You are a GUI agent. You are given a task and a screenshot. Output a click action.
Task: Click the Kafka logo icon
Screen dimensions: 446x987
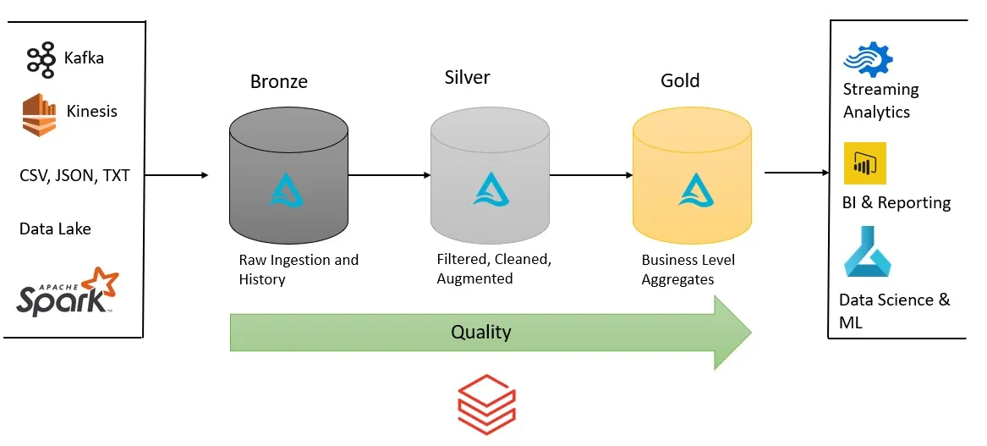click(x=41, y=60)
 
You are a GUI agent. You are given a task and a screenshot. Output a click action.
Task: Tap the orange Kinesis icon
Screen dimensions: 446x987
click(x=38, y=114)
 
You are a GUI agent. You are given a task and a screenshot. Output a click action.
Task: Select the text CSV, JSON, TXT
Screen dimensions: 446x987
click(x=74, y=176)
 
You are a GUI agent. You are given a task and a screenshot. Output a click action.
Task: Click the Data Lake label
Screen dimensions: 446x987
click(x=55, y=229)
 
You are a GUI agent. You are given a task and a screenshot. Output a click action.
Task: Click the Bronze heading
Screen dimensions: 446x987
click(x=279, y=82)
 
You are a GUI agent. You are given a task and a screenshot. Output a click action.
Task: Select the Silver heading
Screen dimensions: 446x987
click(x=467, y=78)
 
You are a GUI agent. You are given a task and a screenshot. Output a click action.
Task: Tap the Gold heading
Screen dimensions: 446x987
click(x=680, y=80)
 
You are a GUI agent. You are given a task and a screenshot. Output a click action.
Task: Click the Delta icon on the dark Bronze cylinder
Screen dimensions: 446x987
click(x=288, y=190)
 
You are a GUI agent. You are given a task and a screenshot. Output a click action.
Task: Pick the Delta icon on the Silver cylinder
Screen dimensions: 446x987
click(x=491, y=190)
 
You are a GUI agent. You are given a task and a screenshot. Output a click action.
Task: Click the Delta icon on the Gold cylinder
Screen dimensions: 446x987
click(x=693, y=190)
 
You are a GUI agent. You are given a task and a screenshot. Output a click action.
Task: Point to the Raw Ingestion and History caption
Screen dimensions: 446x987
click(x=299, y=269)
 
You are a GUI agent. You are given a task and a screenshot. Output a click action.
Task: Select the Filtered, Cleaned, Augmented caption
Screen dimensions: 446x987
click(x=494, y=268)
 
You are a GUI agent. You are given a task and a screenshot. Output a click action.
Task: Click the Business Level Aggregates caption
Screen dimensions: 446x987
click(x=688, y=269)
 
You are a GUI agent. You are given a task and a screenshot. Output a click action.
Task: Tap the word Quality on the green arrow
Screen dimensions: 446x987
click(x=480, y=331)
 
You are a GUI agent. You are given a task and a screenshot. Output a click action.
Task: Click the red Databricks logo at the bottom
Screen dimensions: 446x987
click(x=486, y=405)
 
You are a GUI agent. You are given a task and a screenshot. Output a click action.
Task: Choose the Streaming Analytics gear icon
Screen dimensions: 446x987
click(x=868, y=60)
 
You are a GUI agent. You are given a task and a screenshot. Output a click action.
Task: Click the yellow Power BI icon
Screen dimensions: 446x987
click(x=864, y=163)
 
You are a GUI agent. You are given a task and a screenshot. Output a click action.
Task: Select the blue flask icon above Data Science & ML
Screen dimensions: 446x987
click(x=866, y=252)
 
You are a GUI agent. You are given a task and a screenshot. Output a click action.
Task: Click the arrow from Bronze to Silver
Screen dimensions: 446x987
click(x=390, y=176)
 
